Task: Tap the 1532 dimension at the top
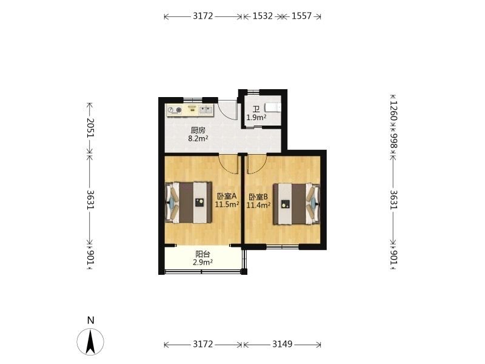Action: (x=263, y=16)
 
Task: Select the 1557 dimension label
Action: (x=301, y=16)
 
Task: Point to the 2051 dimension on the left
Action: (x=90, y=127)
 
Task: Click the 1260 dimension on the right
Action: (x=393, y=110)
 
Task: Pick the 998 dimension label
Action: (x=393, y=141)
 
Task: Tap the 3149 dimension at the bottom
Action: (x=282, y=344)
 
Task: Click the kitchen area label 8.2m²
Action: (x=198, y=138)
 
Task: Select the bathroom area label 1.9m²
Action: (x=256, y=118)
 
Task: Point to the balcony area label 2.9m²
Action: (x=202, y=263)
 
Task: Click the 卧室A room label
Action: (x=227, y=196)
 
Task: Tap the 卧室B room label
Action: (x=258, y=197)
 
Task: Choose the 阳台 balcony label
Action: (x=202, y=254)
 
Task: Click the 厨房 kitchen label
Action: (x=198, y=130)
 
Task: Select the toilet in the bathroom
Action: (x=273, y=107)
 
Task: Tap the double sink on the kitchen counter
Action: (x=206, y=110)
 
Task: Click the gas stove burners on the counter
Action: (x=175, y=110)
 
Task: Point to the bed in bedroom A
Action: (x=189, y=203)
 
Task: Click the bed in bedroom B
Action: (x=296, y=204)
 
